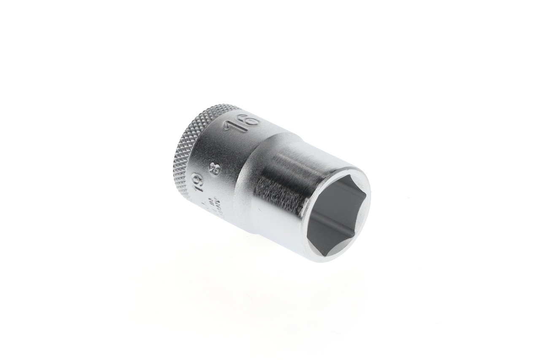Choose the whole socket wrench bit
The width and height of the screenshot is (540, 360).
click(x=270, y=181)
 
